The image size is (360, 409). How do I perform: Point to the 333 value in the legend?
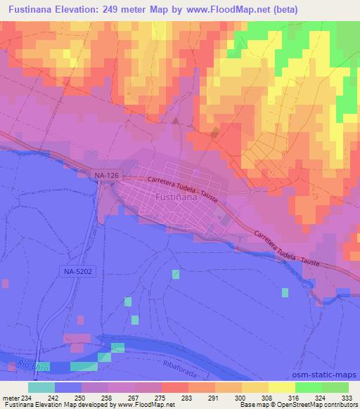click(347, 398)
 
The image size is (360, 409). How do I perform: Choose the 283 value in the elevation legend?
click(187, 398)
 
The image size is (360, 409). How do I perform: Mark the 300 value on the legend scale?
click(240, 398)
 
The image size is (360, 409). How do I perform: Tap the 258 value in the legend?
click(106, 398)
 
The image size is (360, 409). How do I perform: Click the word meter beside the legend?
click(11, 398)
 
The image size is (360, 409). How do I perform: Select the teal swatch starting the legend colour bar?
click(41, 387)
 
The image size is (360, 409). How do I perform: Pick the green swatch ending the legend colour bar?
click(335, 387)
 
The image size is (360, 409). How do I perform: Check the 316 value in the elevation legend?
click(293, 398)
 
